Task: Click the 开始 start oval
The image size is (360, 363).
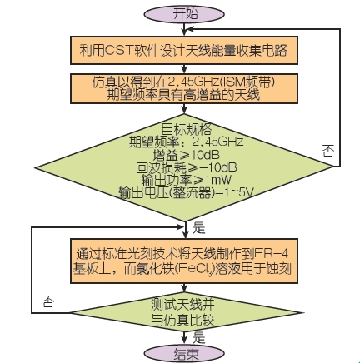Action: coord(184,14)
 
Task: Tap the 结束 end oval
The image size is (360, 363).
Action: coord(184,354)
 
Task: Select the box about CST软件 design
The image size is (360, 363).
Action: coord(184,50)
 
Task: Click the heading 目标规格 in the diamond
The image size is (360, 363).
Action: coord(187,129)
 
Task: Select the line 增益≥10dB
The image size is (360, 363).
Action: coord(186,155)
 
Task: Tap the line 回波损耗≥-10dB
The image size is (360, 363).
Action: coord(187,167)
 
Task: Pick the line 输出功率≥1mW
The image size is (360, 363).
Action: coord(186,180)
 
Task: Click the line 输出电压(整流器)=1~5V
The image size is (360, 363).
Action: coord(186,192)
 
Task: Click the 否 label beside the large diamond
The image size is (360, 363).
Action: coord(328,151)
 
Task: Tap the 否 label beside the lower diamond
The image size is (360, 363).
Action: coord(48,301)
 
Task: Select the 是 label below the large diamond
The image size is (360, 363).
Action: coord(198,228)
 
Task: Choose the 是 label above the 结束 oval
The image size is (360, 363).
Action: coord(198,337)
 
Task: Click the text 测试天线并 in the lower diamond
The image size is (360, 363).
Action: coord(183,304)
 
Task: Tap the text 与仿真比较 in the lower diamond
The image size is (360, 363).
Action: coord(183,320)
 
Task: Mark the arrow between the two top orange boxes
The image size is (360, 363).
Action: coord(184,69)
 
